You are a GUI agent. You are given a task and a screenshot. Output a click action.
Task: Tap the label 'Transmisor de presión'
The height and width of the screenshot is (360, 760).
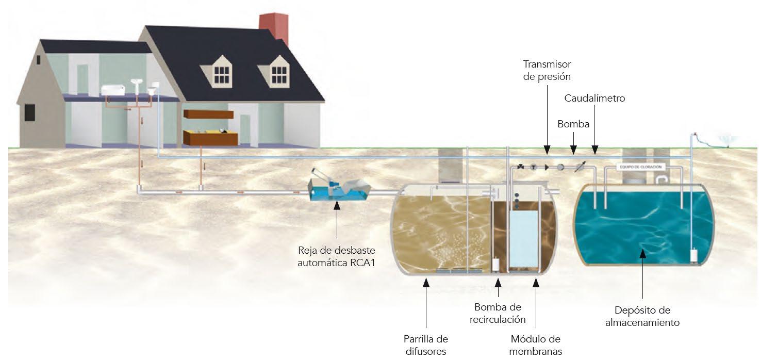[547, 70]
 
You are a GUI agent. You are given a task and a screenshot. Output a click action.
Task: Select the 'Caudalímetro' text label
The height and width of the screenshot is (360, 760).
[594, 98]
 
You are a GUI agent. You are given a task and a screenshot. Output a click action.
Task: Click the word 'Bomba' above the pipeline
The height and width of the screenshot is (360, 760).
[573, 124]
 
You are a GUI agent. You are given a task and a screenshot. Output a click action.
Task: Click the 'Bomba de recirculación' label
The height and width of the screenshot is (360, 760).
[498, 313]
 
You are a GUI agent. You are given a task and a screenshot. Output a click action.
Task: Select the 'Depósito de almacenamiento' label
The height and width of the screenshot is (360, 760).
[642, 316]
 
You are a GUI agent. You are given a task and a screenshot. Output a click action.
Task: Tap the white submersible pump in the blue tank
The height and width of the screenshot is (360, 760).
[693, 256]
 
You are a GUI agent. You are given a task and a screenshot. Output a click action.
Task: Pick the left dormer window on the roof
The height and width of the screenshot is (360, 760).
[222, 74]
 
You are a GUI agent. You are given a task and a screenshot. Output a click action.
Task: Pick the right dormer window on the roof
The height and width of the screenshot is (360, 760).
[279, 74]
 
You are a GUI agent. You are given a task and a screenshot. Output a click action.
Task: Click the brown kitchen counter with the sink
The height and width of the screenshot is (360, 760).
[210, 137]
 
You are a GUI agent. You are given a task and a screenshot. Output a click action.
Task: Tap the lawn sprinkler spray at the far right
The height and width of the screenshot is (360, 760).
[730, 140]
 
